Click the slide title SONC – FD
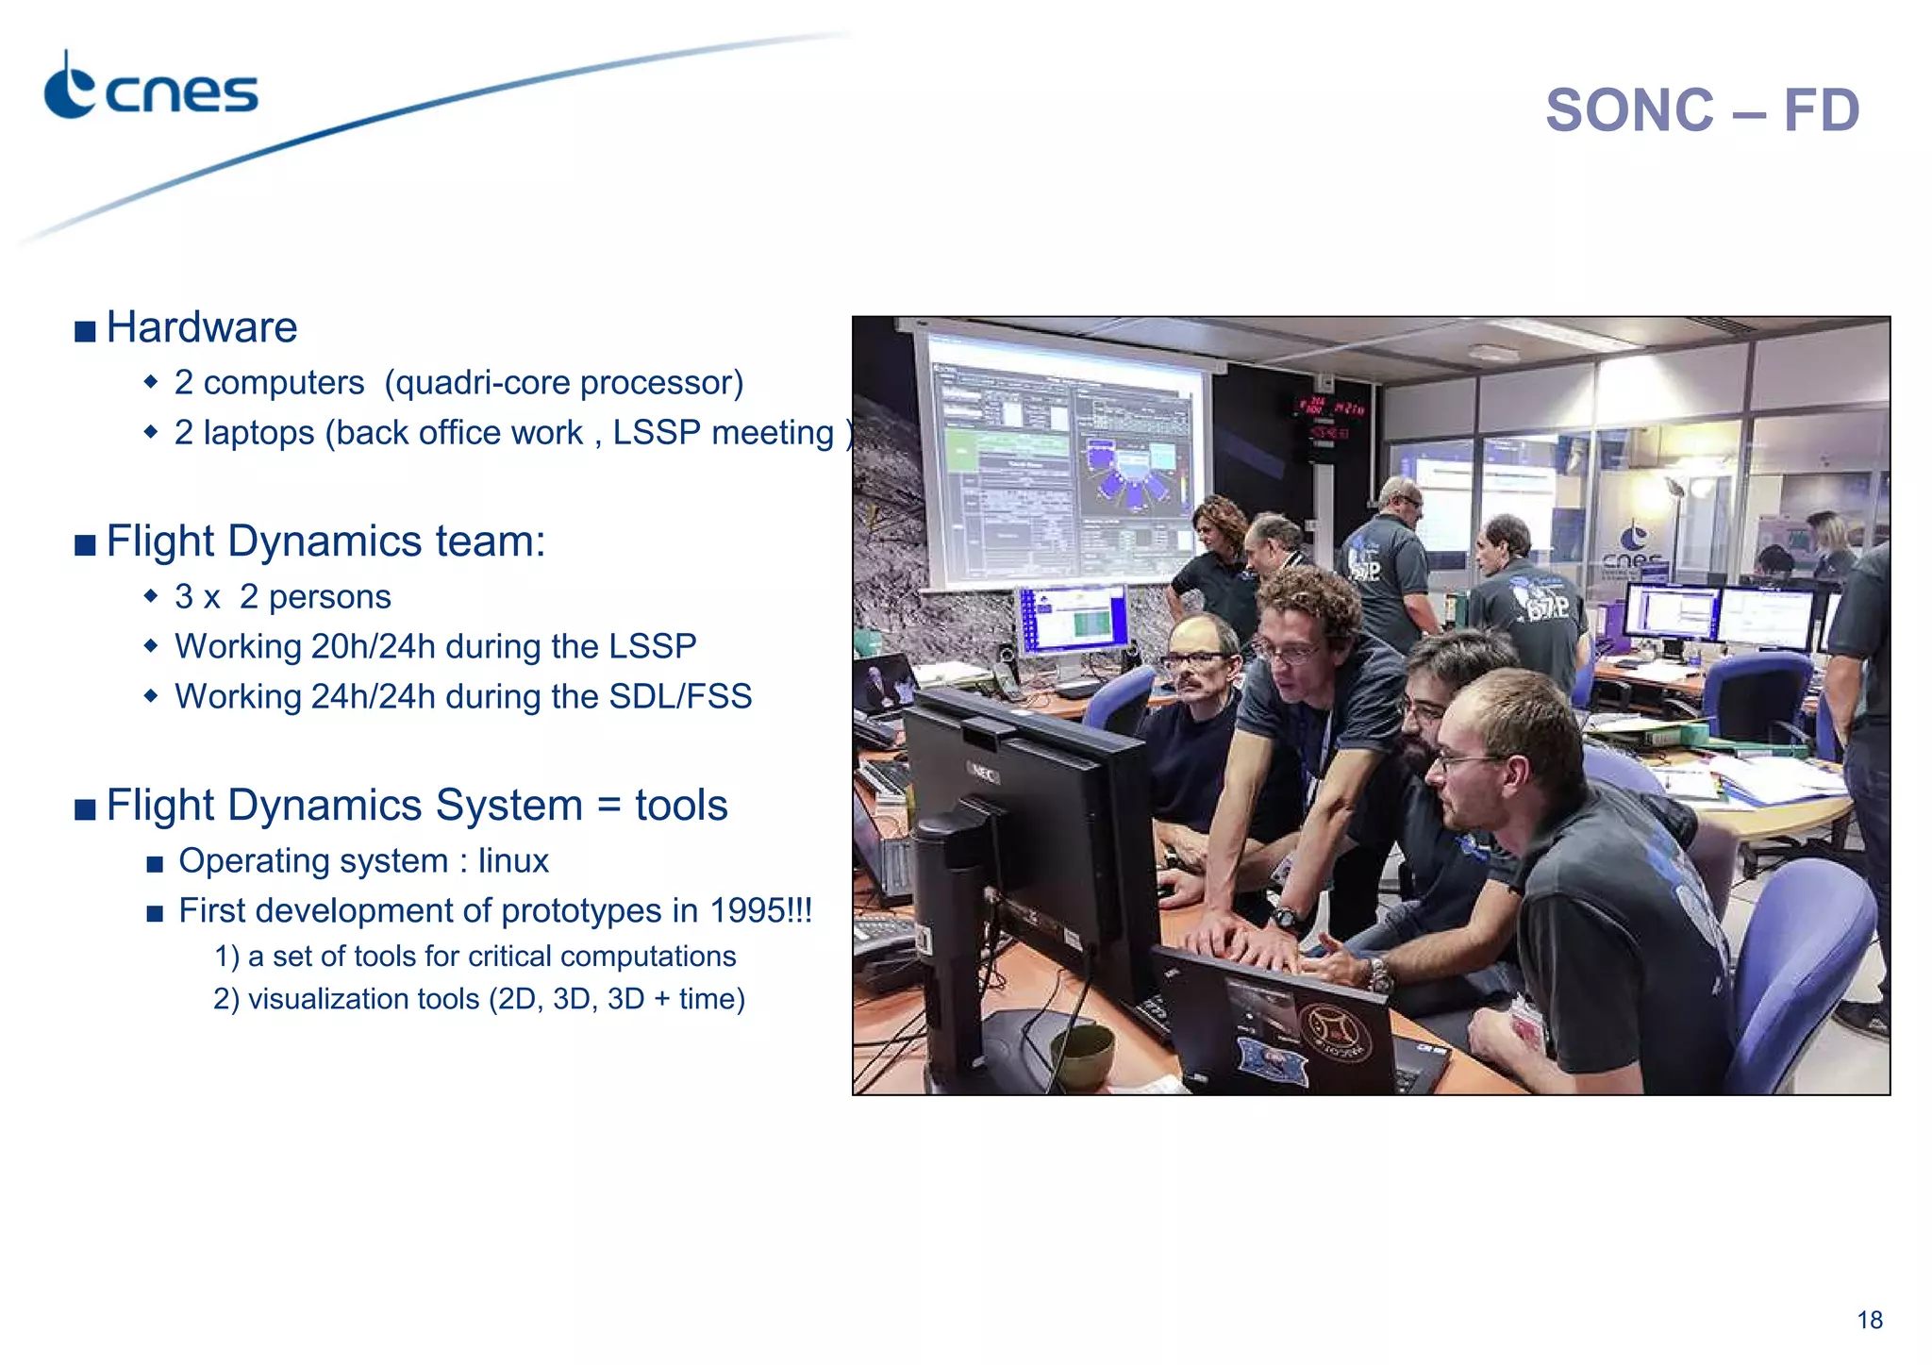point(1701,111)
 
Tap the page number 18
point(1869,1320)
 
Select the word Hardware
point(202,328)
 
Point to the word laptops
point(258,433)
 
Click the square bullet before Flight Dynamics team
point(86,545)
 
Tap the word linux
point(513,861)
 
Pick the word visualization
point(363,999)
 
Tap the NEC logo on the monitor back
point(984,773)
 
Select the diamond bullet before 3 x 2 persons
point(151,597)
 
